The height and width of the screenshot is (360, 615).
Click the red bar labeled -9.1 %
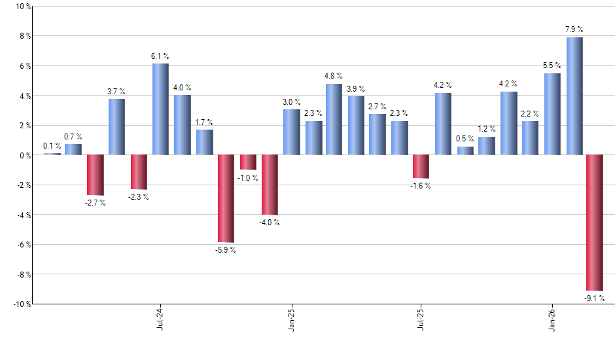595,223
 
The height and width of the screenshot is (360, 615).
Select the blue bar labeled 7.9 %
574,96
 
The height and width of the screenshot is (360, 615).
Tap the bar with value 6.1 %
160,109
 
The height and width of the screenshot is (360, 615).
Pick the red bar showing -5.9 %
226,198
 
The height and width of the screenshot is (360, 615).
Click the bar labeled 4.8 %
334,119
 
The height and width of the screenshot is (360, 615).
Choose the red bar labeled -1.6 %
421,166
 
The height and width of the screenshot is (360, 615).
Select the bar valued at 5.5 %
552,114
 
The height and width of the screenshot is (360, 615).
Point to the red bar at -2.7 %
95,175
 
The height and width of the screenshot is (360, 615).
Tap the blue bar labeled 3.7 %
116,127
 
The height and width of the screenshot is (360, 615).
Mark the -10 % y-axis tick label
21,304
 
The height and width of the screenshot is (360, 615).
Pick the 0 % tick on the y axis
24,155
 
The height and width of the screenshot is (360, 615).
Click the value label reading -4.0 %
269,223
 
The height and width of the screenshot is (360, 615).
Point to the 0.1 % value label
52,146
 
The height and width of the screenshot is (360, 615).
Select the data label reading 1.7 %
203,122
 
